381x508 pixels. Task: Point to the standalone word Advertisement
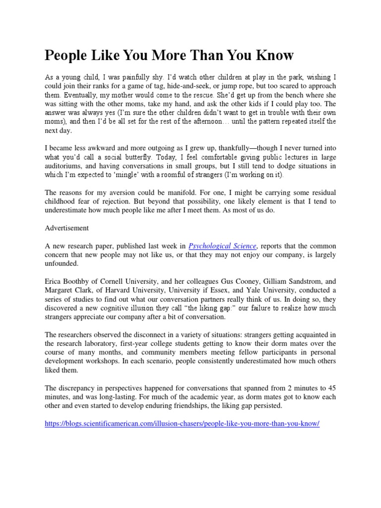(x=66, y=228)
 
